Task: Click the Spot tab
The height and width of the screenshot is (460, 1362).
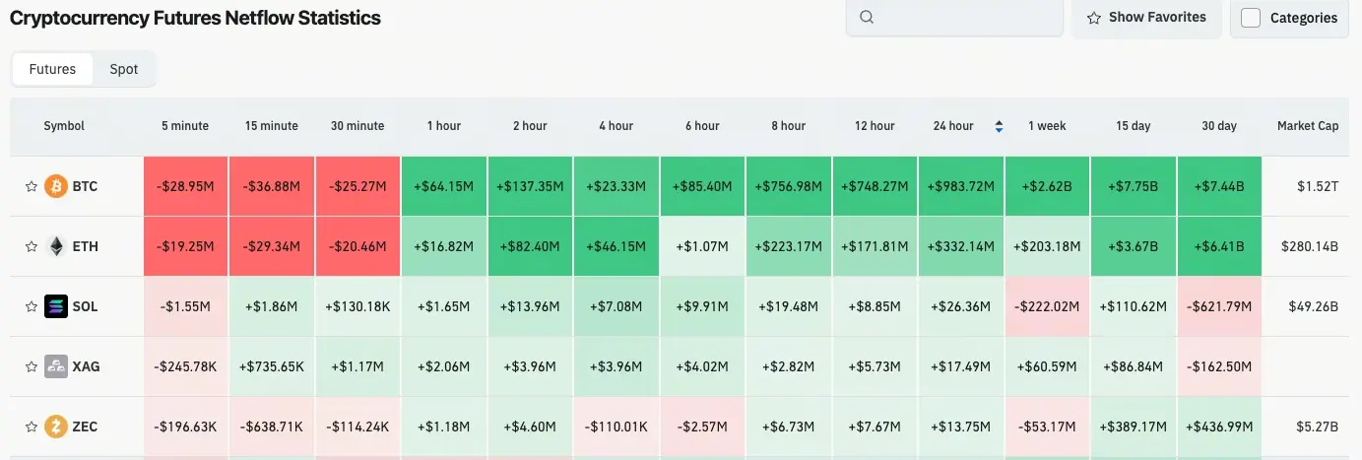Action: coord(123,69)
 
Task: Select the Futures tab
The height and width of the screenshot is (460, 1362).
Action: coord(52,69)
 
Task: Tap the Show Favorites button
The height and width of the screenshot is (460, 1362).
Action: coord(1146,17)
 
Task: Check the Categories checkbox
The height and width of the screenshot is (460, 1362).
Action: coord(1251,18)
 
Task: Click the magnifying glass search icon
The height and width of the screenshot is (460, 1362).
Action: coord(867,17)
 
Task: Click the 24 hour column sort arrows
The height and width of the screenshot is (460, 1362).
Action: coord(1000,126)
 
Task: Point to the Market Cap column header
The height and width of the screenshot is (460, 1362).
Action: coord(1307,126)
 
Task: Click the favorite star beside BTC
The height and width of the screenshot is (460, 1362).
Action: coord(31,186)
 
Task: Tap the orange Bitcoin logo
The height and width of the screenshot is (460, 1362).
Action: coord(56,186)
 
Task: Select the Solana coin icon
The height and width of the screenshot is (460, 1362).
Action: coord(56,306)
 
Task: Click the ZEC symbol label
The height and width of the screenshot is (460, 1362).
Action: coord(85,427)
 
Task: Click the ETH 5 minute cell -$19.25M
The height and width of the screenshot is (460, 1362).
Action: coord(185,246)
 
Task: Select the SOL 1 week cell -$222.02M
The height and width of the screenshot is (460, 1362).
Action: coord(1047,306)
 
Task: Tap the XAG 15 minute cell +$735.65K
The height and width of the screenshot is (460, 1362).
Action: coord(272,366)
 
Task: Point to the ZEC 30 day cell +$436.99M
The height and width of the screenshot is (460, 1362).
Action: coord(1218,427)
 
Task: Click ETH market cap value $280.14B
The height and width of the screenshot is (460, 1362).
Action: coord(1307,246)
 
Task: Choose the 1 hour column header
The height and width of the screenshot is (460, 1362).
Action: coord(443,126)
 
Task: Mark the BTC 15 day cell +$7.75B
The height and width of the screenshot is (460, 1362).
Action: coord(1133,186)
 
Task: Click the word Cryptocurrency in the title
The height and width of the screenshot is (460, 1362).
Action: coord(79,18)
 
